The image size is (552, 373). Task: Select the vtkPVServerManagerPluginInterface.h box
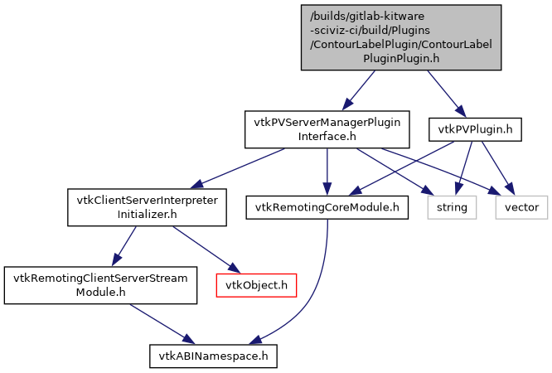(x=327, y=128)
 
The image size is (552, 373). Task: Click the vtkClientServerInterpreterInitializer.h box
(x=147, y=207)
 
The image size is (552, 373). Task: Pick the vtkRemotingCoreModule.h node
(x=327, y=206)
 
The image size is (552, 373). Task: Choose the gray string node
(x=453, y=206)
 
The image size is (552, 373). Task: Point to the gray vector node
(x=521, y=206)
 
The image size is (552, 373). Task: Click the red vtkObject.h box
(x=256, y=285)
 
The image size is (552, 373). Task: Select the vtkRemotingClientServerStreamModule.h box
(x=99, y=284)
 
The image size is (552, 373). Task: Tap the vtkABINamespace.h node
(x=213, y=356)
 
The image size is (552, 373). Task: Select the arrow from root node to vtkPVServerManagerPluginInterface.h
(x=361, y=90)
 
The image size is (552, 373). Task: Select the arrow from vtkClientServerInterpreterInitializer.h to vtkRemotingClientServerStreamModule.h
(x=123, y=246)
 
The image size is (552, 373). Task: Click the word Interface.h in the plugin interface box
(x=327, y=135)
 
